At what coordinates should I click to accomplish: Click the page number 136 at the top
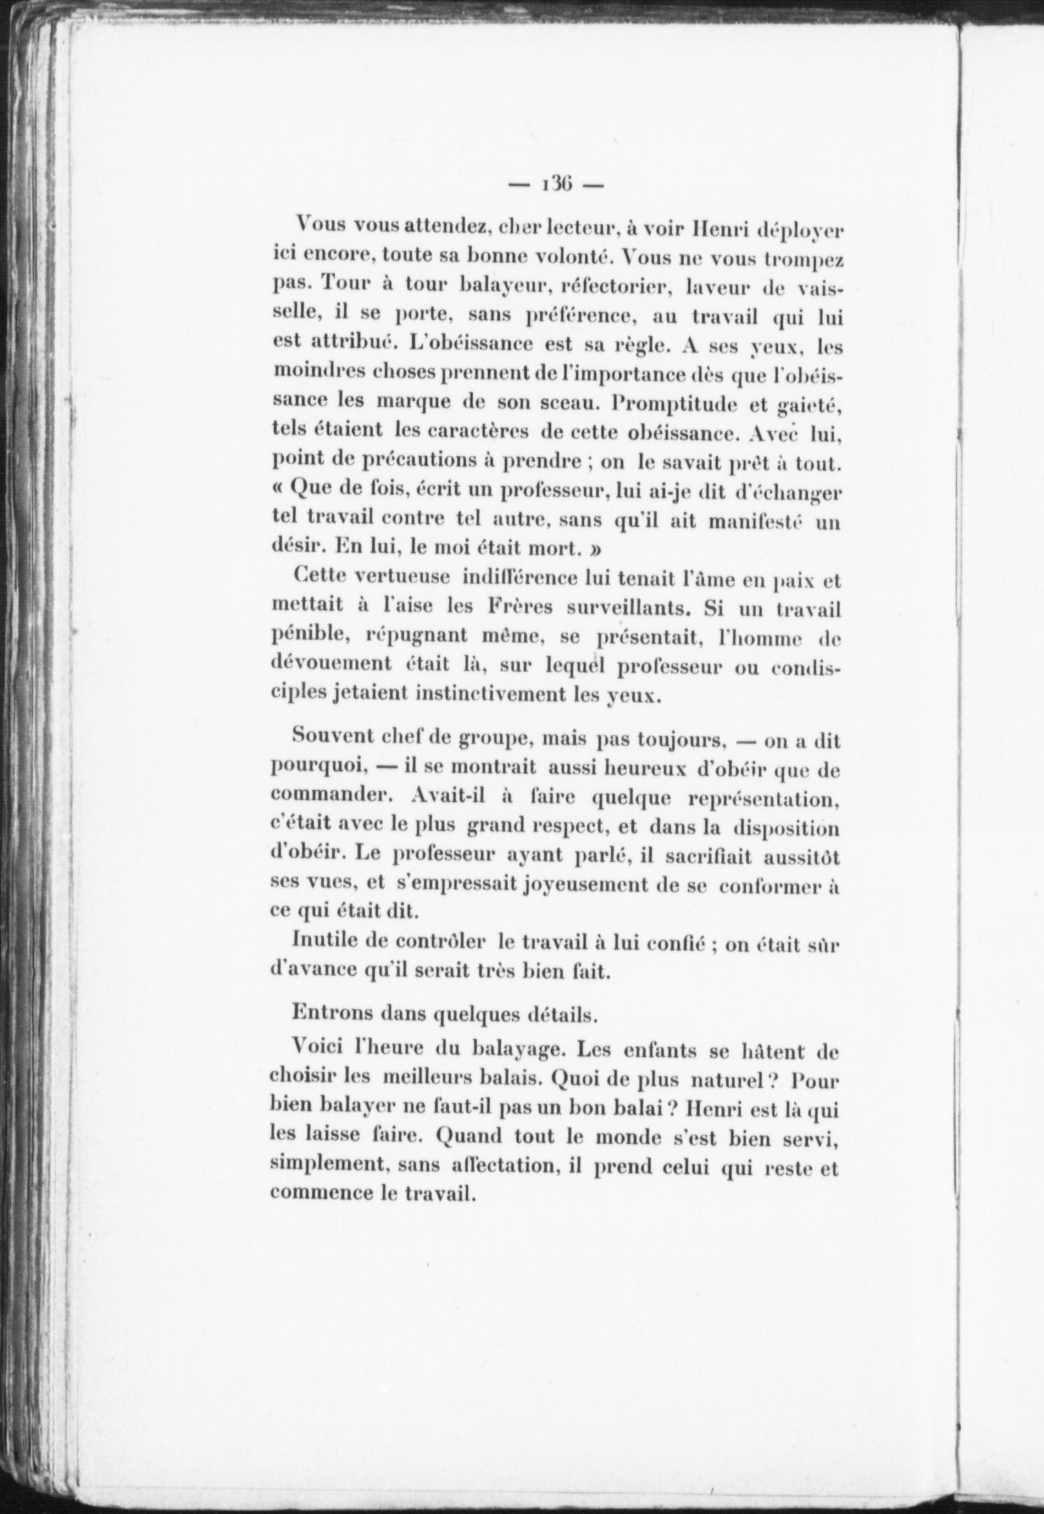click(555, 186)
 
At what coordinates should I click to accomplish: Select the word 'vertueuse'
click(402, 577)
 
